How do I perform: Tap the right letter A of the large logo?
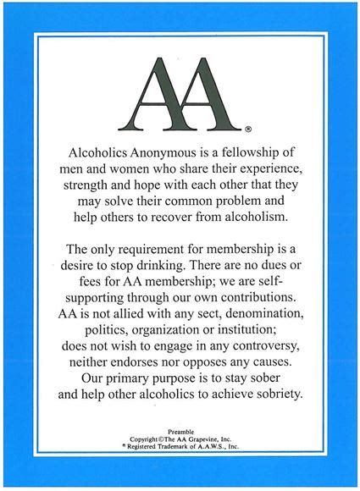tap(207, 94)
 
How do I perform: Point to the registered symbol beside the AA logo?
tap(247, 130)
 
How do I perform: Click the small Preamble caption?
tap(180, 429)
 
